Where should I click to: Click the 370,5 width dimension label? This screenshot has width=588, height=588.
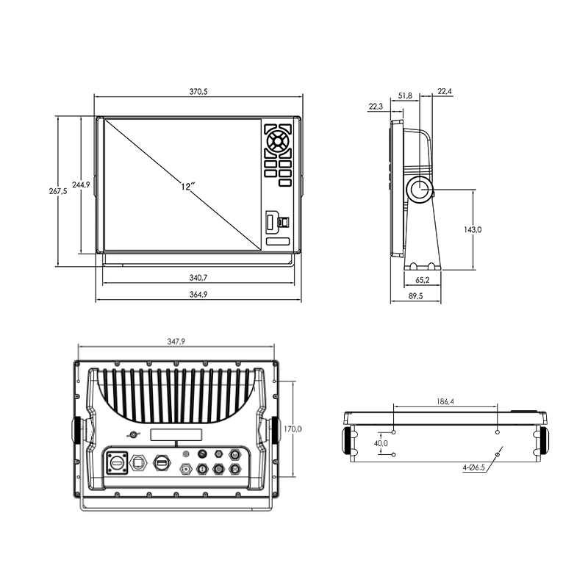pos(198,91)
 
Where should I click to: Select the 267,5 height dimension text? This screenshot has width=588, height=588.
pos(58,191)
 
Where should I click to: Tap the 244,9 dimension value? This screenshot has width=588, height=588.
pos(81,184)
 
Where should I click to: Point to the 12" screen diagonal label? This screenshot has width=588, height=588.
pos(187,187)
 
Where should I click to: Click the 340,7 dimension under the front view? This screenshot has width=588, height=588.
pos(198,278)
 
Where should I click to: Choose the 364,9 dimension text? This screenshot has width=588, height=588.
pos(198,295)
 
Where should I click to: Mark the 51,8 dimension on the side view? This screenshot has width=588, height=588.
pos(405,96)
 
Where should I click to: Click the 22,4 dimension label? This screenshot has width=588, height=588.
pos(445,91)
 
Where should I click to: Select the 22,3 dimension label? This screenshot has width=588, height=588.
pos(376,107)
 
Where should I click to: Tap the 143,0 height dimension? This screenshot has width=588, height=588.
pos(473,229)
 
